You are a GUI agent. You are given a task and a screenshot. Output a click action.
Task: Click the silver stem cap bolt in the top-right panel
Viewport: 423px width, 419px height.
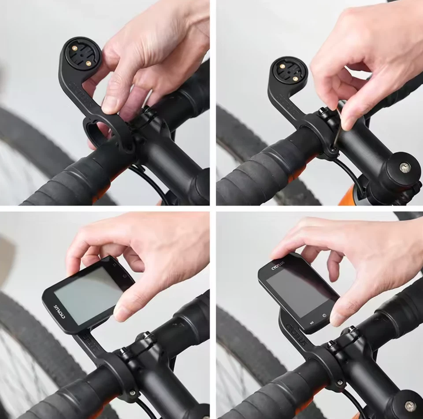click(404, 167)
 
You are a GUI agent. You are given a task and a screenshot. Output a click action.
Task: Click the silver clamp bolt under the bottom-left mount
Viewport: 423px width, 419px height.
click(132, 391)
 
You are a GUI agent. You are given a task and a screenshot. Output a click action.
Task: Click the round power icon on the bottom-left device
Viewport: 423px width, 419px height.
click(125, 276)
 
